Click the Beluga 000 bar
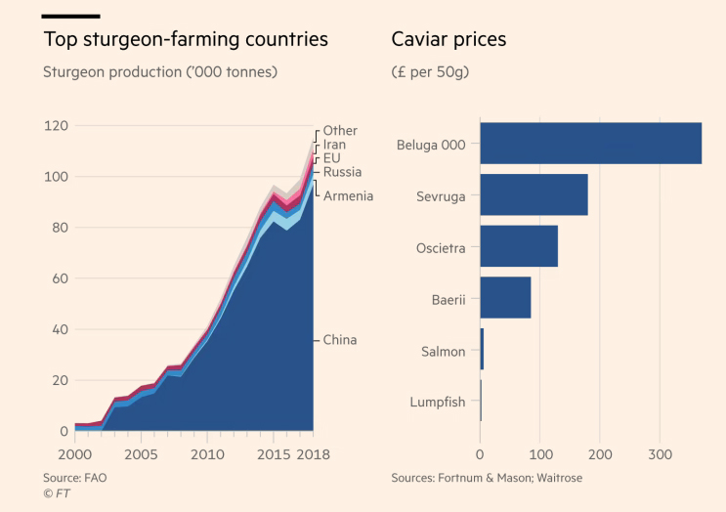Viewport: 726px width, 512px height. tap(590, 143)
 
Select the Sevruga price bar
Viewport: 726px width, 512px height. tap(534, 194)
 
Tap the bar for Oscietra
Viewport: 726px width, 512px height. tap(519, 246)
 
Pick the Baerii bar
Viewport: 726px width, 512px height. tap(505, 298)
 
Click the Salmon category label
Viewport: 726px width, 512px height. tap(443, 351)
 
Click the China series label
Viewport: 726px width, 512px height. tap(340, 340)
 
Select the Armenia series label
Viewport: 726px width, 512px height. tap(348, 196)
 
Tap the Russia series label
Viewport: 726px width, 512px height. tap(342, 173)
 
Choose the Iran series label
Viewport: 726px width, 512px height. tap(334, 145)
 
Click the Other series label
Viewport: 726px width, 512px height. tap(340, 131)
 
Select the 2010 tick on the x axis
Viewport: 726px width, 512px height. tap(205, 454)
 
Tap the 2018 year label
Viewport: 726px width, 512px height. tap(313, 454)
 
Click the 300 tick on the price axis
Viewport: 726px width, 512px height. tap(660, 454)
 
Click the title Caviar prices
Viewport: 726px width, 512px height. tap(448, 40)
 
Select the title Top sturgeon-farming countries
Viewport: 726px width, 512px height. tap(186, 40)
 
